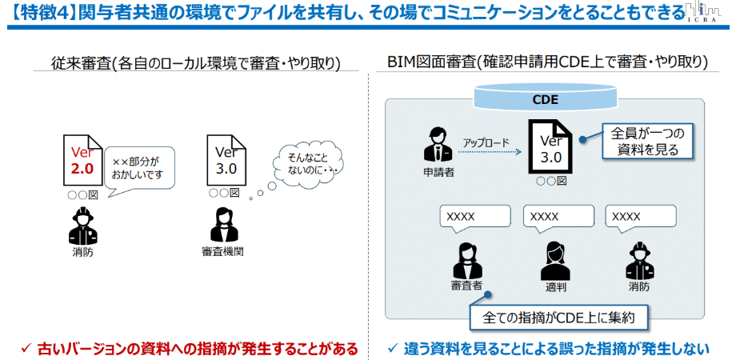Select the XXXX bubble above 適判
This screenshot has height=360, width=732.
tap(557, 217)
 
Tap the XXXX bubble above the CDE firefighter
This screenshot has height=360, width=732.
tap(640, 217)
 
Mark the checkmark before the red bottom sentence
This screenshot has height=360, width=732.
tap(26, 348)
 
